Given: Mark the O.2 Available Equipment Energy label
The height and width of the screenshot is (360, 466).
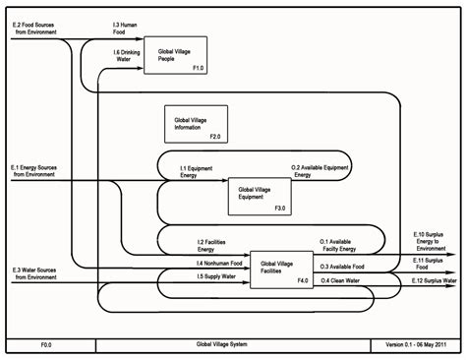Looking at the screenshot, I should click(x=319, y=174).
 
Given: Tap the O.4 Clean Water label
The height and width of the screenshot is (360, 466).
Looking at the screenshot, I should click(x=339, y=280).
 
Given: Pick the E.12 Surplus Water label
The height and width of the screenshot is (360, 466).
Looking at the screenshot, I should click(x=434, y=280).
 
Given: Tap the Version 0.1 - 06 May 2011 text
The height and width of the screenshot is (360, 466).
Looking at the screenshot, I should click(x=414, y=345).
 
